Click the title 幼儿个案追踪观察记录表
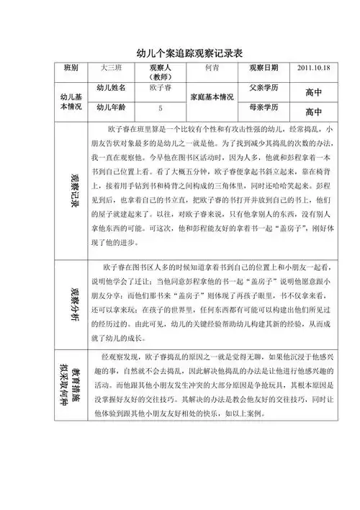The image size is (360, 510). (179, 53)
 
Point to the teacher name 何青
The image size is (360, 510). (212, 68)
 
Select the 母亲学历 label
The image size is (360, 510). (264, 107)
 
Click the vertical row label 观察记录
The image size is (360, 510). (74, 189)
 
